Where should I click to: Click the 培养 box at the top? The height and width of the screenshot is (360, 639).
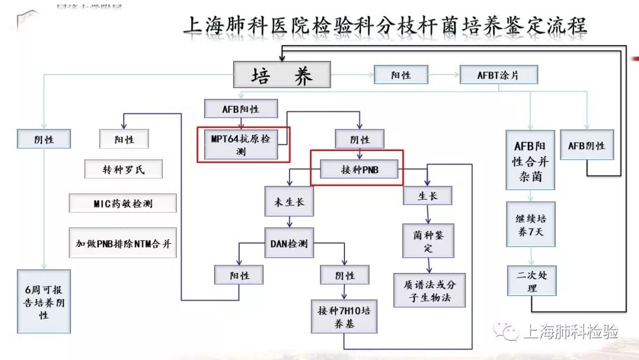pos(282,76)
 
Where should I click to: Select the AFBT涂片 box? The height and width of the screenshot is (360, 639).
pos(499,75)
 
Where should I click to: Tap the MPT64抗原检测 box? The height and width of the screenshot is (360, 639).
pos(240,145)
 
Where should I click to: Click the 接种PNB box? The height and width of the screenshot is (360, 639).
pos(359,170)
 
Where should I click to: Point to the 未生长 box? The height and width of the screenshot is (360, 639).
pos(289,201)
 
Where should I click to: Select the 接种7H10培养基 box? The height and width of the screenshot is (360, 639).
pos(344,317)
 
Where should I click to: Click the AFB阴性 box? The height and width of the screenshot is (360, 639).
pos(586,146)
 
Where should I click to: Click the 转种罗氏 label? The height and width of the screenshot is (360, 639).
pos(123,169)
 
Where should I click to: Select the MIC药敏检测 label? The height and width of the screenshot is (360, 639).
pos(123,203)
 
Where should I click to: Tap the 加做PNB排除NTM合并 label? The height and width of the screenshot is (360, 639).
pos(123,243)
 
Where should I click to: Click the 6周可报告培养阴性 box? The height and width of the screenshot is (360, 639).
pos(44,301)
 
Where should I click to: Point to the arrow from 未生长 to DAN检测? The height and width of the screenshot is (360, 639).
pos(289,222)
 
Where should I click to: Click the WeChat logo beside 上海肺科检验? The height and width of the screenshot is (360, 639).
pos(508,330)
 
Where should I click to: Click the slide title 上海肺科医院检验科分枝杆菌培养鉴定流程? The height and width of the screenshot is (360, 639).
pos(385,26)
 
